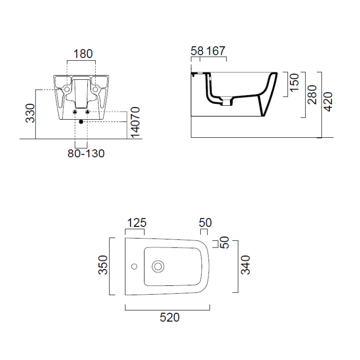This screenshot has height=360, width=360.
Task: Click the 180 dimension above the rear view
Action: [83, 54]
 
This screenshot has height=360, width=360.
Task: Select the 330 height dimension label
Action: [30, 113]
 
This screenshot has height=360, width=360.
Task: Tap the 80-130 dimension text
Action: [86, 153]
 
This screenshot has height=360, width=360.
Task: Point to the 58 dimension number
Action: [197, 51]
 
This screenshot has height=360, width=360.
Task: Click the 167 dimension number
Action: [216, 51]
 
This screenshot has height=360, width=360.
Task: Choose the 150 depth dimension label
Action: [295, 83]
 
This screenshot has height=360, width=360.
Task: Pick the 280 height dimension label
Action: [312, 94]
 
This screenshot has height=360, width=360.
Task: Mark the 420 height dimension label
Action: [328, 102]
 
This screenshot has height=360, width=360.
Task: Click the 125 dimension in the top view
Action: [137, 223]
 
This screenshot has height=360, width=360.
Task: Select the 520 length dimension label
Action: [170, 318]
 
